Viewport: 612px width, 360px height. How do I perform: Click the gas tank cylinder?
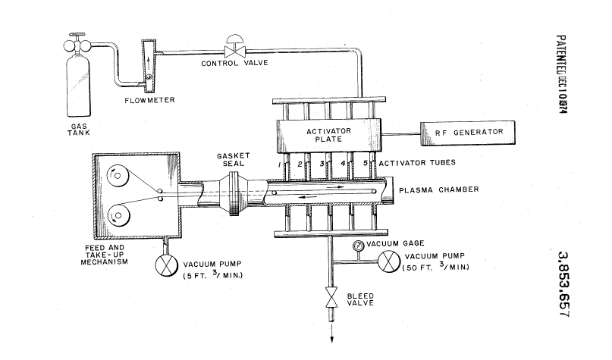point(78,87)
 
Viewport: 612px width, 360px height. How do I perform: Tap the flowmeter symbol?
point(147,65)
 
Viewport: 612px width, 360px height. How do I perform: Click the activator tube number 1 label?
point(280,164)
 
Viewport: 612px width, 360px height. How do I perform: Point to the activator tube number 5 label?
point(365,163)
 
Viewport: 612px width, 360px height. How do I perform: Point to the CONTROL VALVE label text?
point(228,63)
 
